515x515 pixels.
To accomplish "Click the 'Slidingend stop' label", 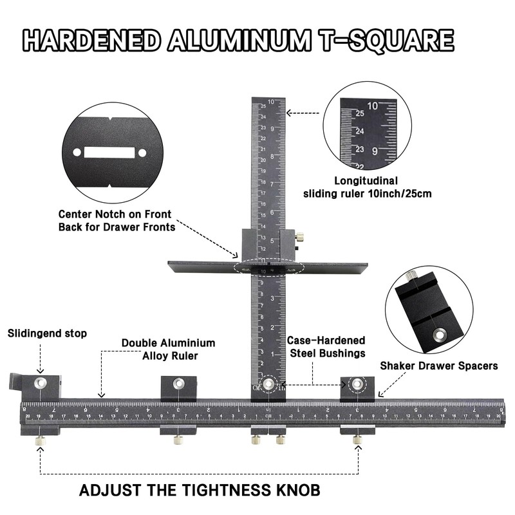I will tap(47, 333).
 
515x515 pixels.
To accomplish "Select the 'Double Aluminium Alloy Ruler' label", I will tap(169, 348).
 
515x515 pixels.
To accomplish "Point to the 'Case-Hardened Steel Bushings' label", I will tap(328, 346).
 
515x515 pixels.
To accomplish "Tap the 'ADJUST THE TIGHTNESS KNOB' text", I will tap(199, 490).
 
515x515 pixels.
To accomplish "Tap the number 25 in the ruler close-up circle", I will tap(360, 113).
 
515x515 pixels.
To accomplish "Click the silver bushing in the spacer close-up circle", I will tap(440, 334).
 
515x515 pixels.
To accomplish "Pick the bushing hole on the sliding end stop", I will tap(40, 383).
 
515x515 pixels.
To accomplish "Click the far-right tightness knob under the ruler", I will tap(357, 440).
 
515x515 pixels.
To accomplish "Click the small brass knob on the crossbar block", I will tap(299, 245).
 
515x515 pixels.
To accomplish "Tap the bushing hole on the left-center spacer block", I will tap(178, 384).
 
